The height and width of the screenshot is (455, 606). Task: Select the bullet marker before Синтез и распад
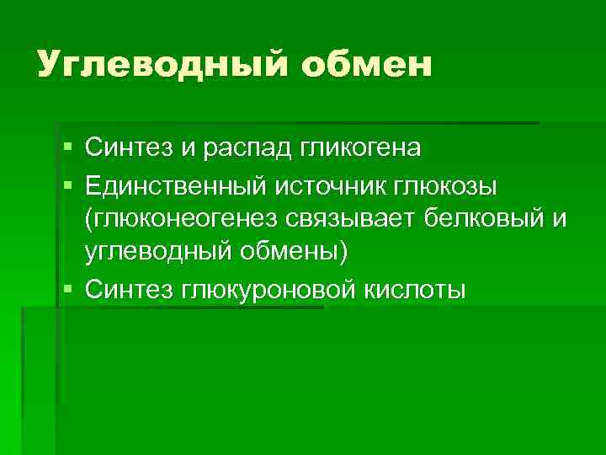coord(66,149)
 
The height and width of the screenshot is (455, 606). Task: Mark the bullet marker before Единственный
coord(66,184)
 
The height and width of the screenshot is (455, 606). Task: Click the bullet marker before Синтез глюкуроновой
coord(66,290)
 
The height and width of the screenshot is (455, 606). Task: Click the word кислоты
coord(417,290)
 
